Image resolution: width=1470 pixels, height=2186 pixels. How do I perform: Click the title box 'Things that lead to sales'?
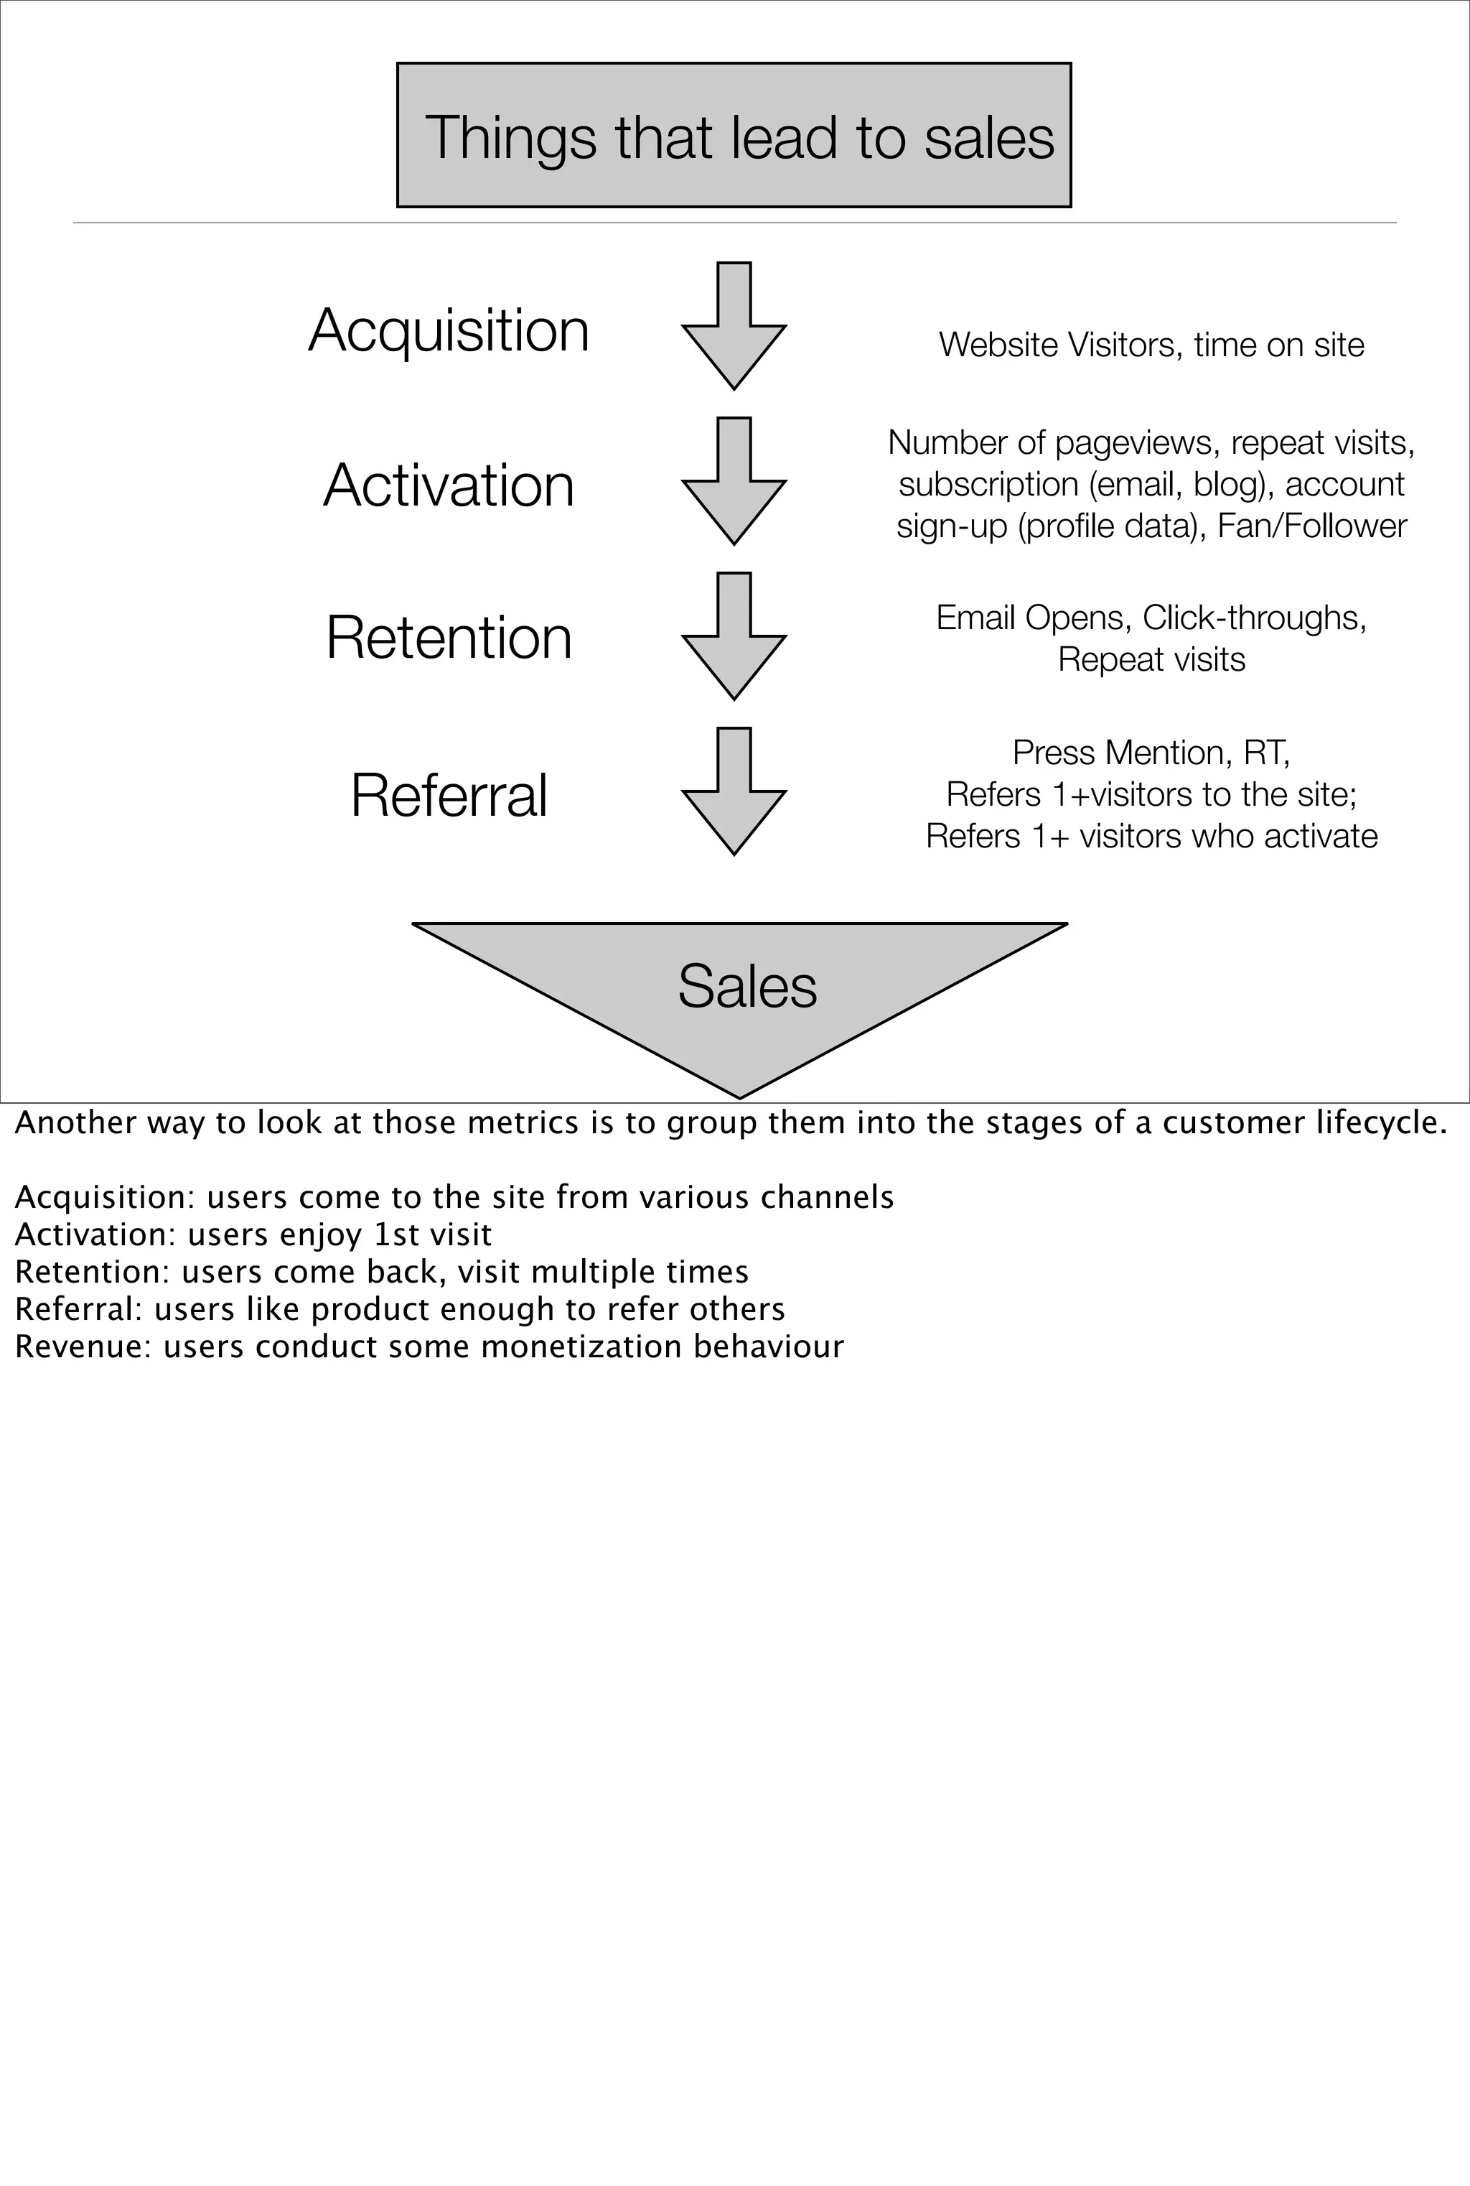(734, 136)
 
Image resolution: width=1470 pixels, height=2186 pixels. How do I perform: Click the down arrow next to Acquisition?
(734, 326)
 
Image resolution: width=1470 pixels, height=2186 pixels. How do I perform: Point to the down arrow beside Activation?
(734, 481)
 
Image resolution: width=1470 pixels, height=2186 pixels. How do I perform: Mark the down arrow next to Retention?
(734, 637)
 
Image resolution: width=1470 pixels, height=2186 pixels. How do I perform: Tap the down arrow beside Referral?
(734, 791)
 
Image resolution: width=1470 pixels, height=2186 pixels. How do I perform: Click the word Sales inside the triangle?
(747, 987)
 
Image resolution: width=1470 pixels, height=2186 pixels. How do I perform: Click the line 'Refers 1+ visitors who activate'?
(1151, 836)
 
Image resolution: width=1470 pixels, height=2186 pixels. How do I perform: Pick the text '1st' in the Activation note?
(395, 1235)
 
